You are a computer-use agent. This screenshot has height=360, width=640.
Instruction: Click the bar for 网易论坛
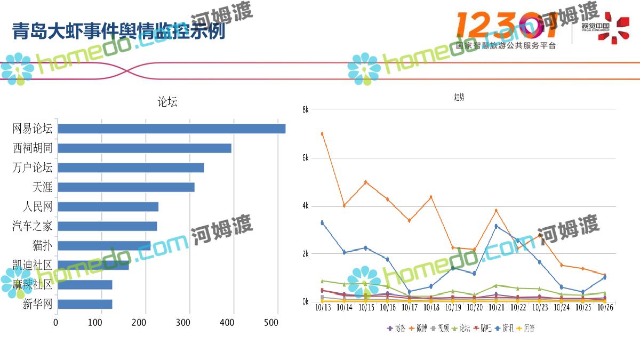171,129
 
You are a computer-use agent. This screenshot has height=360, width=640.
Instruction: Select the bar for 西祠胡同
144,148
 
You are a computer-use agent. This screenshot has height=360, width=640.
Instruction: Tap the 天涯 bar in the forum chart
126,187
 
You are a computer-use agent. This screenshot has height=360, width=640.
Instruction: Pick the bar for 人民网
108,207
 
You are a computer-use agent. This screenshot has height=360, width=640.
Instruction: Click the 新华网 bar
84,304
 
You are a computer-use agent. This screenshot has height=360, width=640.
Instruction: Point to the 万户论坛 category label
33,167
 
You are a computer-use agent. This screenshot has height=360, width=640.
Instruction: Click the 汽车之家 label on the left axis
33,226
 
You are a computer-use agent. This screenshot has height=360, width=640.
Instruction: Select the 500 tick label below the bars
271,323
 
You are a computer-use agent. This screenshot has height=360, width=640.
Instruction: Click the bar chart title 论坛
167,102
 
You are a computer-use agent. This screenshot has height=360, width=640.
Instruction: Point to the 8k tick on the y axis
305,109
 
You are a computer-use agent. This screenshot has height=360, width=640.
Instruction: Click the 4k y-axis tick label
305,206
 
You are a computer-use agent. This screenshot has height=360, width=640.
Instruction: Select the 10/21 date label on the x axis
497,308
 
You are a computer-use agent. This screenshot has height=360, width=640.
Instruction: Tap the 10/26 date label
605,308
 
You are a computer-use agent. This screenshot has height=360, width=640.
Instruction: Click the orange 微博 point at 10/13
322,134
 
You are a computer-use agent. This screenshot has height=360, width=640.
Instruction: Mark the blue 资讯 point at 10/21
496,226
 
